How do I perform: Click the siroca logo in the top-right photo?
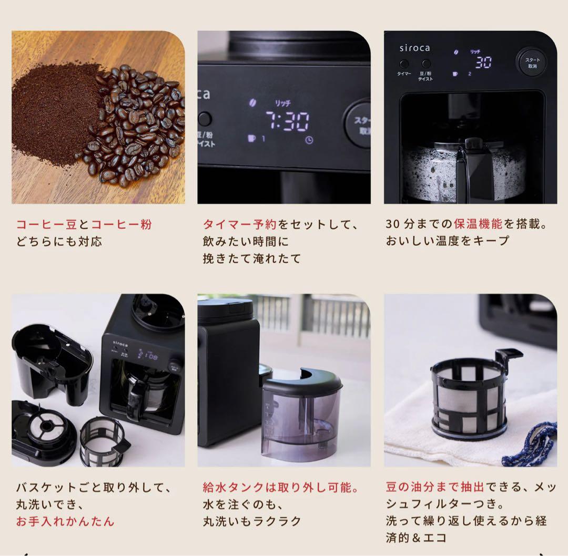point(414,48)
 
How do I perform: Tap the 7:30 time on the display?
point(287,121)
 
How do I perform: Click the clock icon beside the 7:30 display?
point(309,140)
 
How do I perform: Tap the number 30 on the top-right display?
point(483,63)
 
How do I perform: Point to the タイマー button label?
point(404,74)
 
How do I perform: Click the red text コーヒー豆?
point(47,224)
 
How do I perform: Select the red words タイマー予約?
point(240,224)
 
